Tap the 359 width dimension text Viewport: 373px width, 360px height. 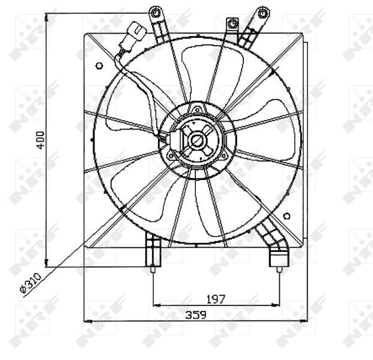pos(195,315)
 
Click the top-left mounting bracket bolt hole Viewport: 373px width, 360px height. pos(156,13)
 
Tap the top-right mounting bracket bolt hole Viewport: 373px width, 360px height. pos(261,12)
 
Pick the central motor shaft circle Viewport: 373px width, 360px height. pos(196,140)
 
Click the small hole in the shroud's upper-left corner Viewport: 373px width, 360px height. pos(98,64)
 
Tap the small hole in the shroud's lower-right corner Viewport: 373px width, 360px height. pos(287,217)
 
